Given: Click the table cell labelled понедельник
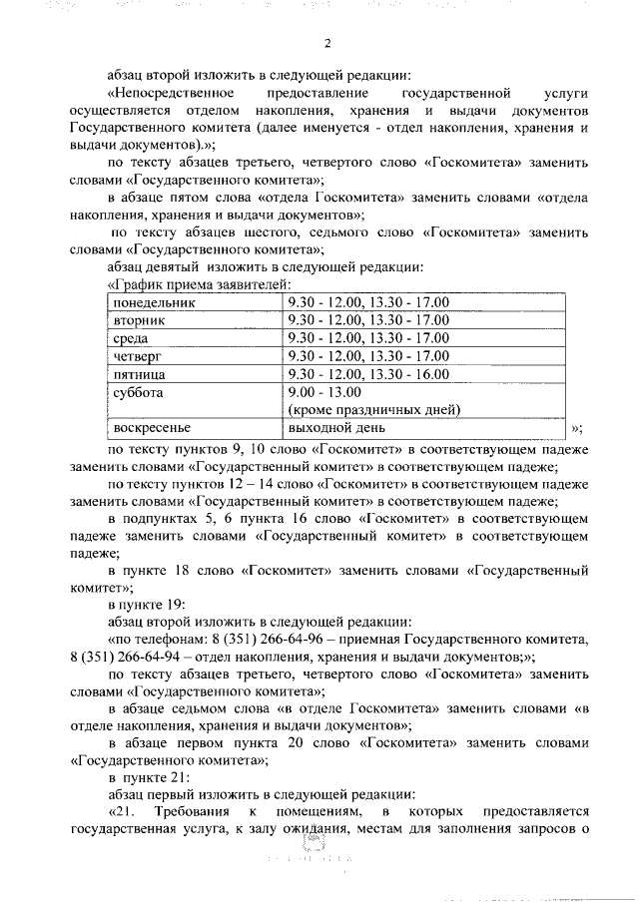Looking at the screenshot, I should tap(155, 302).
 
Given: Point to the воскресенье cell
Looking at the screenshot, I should tap(150, 428).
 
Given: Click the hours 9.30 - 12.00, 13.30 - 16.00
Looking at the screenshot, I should tap(367, 374).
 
